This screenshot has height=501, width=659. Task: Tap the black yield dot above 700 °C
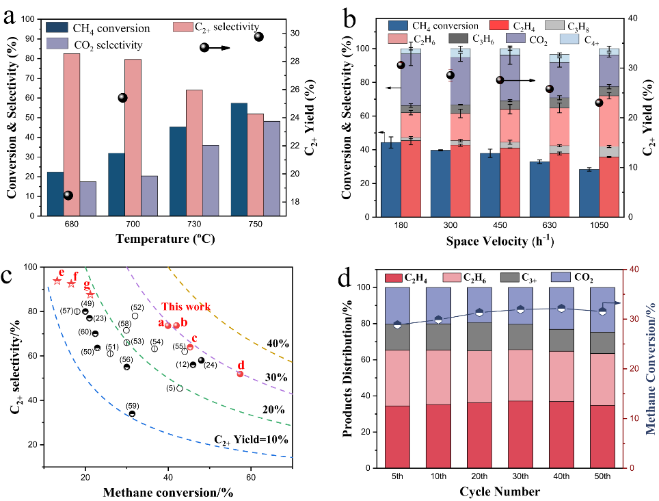[x=123, y=98]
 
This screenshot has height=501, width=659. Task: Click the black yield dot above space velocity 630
[x=550, y=89]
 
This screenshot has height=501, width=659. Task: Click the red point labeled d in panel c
[x=240, y=374]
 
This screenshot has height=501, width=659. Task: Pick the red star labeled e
[x=57, y=281]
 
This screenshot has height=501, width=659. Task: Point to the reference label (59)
[x=133, y=405]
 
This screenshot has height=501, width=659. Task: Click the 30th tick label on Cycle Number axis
[x=521, y=475]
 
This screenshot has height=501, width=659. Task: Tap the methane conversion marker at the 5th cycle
[x=398, y=324]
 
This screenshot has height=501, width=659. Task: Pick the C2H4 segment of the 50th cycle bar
[x=600, y=436]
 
